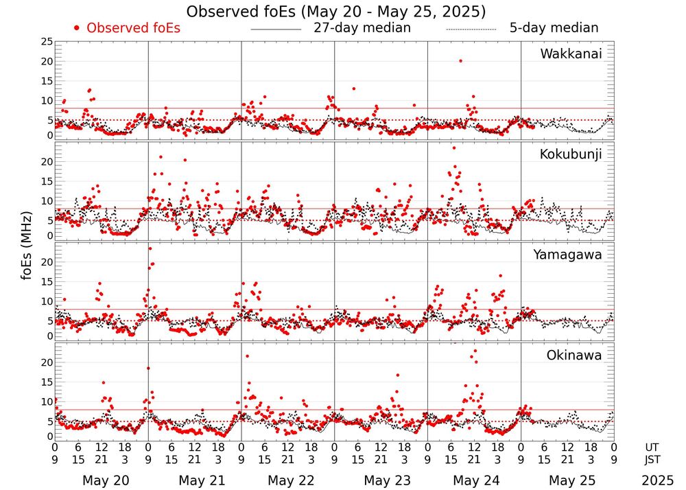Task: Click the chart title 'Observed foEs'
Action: (336, 12)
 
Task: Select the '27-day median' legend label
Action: (362, 28)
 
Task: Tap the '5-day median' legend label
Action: (554, 28)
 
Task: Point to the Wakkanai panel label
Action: (571, 54)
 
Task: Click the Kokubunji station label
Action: (571, 154)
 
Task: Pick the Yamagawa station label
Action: (567, 255)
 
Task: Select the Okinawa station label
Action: (574, 355)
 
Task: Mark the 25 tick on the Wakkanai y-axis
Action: (45, 42)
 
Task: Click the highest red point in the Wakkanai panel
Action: (460, 61)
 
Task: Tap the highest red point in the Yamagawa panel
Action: (150, 248)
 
